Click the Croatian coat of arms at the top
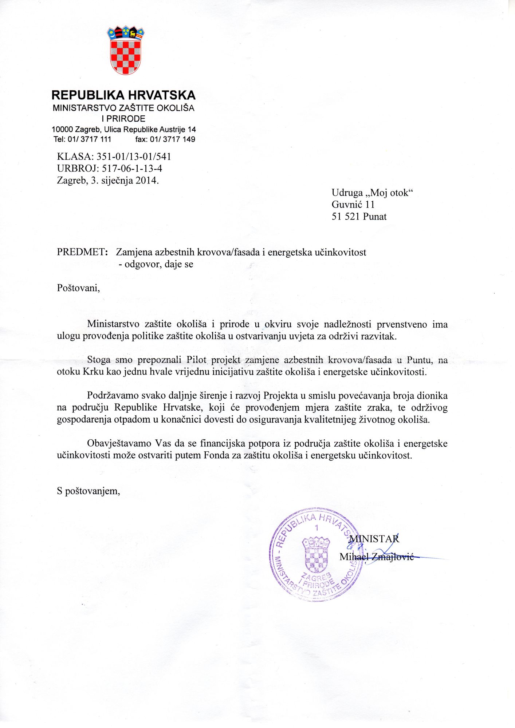(x=125, y=51)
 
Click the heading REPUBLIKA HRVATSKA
(x=123, y=95)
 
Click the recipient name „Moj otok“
(x=389, y=193)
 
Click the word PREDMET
(x=81, y=252)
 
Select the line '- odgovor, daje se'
(x=156, y=264)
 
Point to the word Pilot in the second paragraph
(x=196, y=360)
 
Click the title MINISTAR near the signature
(x=374, y=539)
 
